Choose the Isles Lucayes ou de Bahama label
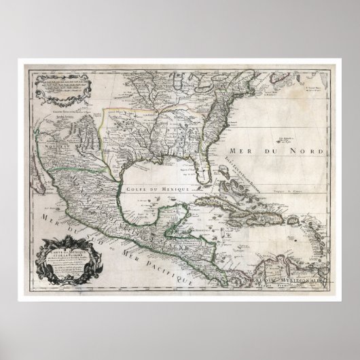248,167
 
